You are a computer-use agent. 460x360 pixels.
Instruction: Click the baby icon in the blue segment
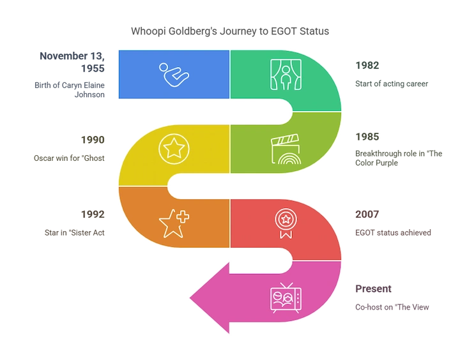(x=173, y=75)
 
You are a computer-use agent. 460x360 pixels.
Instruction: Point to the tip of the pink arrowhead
(x=190, y=297)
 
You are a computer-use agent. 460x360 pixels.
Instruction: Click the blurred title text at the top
(x=230, y=31)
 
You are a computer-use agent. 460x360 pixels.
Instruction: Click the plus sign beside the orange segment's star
(x=183, y=218)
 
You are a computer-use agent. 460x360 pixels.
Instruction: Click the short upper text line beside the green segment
(x=368, y=64)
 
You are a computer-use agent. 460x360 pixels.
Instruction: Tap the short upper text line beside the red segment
(x=368, y=213)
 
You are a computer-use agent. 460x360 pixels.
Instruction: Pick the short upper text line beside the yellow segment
(x=91, y=139)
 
